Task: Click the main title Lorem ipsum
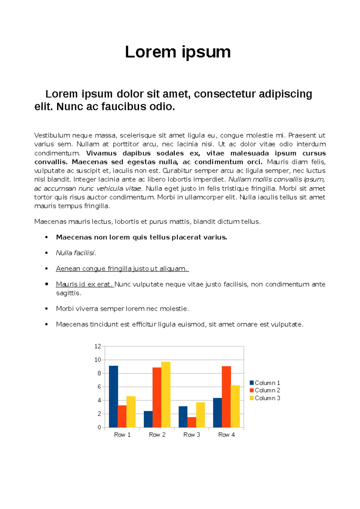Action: tap(178, 52)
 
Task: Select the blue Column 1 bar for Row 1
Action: tap(113, 396)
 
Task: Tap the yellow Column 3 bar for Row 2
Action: tap(166, 394)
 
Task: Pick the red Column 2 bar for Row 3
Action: tap(192, 422)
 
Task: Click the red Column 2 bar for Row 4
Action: tap(226, 397)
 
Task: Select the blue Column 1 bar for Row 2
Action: tap(148, 419)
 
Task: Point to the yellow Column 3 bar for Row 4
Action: tap(235, 406)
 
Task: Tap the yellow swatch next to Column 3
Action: tap(252, 398)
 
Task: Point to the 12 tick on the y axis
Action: tap(98, 346)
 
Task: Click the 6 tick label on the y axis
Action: tap(99, 387)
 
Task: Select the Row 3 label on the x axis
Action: tap(192, 435)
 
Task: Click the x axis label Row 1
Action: tap(122, 435)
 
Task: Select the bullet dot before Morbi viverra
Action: tap(46, 308)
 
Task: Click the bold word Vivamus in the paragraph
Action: tap(101, 153)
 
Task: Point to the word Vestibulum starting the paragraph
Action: tap(52, 135)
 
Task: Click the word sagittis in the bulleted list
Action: tap(68, 293)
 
